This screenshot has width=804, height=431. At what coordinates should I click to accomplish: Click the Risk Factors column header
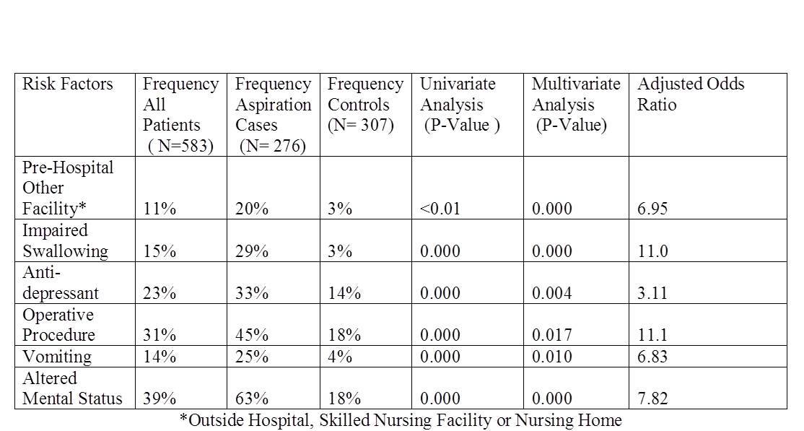click(x=68, y=84)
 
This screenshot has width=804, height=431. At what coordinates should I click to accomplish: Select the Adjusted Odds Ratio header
click(x=691, y=94)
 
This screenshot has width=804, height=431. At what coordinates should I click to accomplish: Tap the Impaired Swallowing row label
click(x=65, y=240)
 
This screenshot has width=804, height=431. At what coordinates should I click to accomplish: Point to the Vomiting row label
click(x=57, y=356)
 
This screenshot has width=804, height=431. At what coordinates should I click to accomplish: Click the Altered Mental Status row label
click(x=72, y=388)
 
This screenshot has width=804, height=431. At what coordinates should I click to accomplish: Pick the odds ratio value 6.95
click(x=652, y=209)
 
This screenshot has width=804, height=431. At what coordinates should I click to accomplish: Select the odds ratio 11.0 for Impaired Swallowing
click(x=652, y=251)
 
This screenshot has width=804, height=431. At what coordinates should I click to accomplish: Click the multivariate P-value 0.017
click(x=551, y=334)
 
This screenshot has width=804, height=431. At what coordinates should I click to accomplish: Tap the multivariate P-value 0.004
click(x=551, y=293)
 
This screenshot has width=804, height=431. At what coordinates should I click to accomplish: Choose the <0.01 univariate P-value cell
click(x=440, y=209)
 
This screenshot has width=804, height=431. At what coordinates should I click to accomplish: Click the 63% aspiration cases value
click(x=252, y=399)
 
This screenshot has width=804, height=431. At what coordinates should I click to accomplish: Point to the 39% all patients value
click(x=160, y=399)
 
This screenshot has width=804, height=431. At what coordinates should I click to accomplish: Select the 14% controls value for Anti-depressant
click(x=344, y=293)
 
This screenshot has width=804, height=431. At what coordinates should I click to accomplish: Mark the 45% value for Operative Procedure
click(x=252, y=334)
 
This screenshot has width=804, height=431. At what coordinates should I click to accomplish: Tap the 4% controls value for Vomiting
click(x=340, y=356)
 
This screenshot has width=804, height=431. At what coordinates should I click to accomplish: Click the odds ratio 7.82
click(x=652, y=399)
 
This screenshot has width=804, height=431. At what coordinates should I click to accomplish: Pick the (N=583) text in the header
click(x=180, y=147)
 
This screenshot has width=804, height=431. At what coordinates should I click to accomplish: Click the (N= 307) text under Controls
click(x=360, y=125)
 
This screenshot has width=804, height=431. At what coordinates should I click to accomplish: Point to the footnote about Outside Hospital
click(x=401, y=420)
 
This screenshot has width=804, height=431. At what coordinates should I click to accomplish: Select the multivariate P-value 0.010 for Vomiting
click(x=551, y=356)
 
